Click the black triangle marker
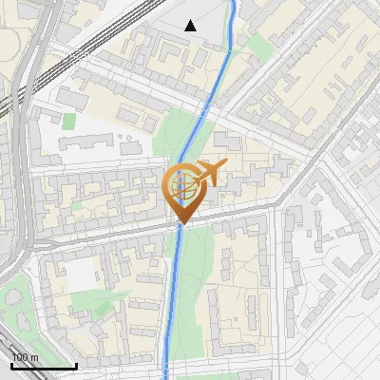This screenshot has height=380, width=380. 191,26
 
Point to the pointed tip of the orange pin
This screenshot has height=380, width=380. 180,224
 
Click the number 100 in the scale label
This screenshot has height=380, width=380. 20,357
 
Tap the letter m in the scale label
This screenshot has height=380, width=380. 34,357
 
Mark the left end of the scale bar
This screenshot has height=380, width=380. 10,366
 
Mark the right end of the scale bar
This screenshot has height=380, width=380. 76,366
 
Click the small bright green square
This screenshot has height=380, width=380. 68,121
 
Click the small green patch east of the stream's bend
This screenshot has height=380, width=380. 258,45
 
